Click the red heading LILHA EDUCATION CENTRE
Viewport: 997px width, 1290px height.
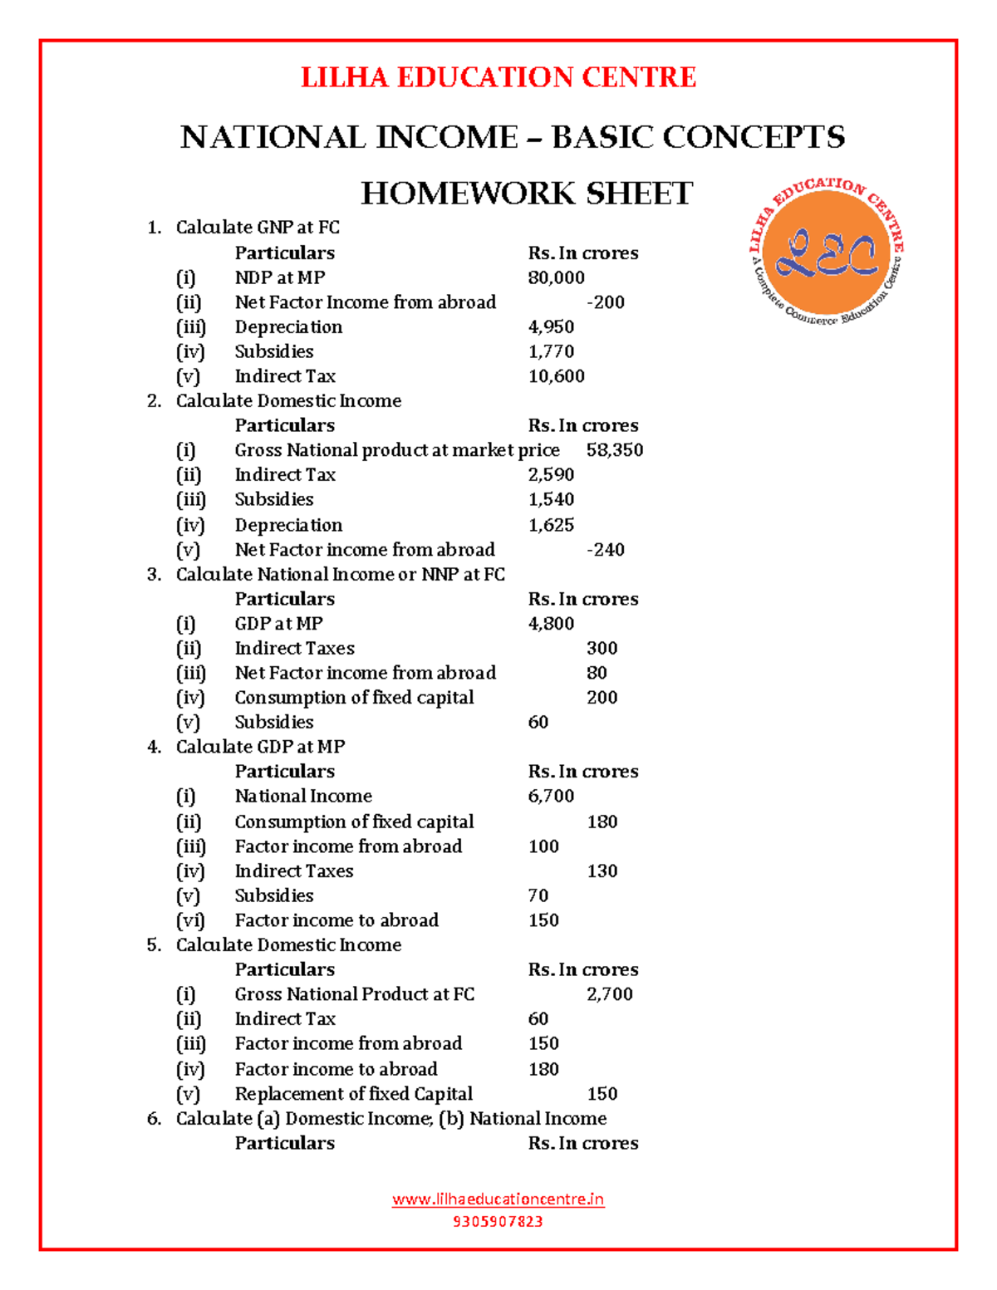point(498,77)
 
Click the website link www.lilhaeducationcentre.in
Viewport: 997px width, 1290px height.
point(498,1199)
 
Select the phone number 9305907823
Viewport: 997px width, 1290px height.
point(498,1221)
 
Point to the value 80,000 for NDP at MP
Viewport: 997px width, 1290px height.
point(556,277)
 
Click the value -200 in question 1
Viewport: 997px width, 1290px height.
point(606,302)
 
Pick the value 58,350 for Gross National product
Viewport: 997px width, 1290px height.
point(615,450)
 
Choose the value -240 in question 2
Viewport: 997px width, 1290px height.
point(606,550)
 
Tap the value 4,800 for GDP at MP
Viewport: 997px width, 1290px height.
point(551,624)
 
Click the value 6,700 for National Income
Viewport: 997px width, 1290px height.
point(551,796)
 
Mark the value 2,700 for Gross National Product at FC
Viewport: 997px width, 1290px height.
point(610,994)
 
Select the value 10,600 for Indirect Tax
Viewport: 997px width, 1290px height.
point(556,376)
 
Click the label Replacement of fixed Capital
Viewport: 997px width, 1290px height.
point(353,1094)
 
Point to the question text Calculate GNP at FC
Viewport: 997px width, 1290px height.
point(258,228)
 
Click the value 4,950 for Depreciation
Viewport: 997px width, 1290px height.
point(551,327)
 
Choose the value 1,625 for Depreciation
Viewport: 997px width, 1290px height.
point(551,525)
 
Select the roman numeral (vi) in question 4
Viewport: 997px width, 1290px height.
point(190,920)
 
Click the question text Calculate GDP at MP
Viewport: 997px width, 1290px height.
point(260,747)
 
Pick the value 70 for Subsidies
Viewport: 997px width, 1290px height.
point(538,895)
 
